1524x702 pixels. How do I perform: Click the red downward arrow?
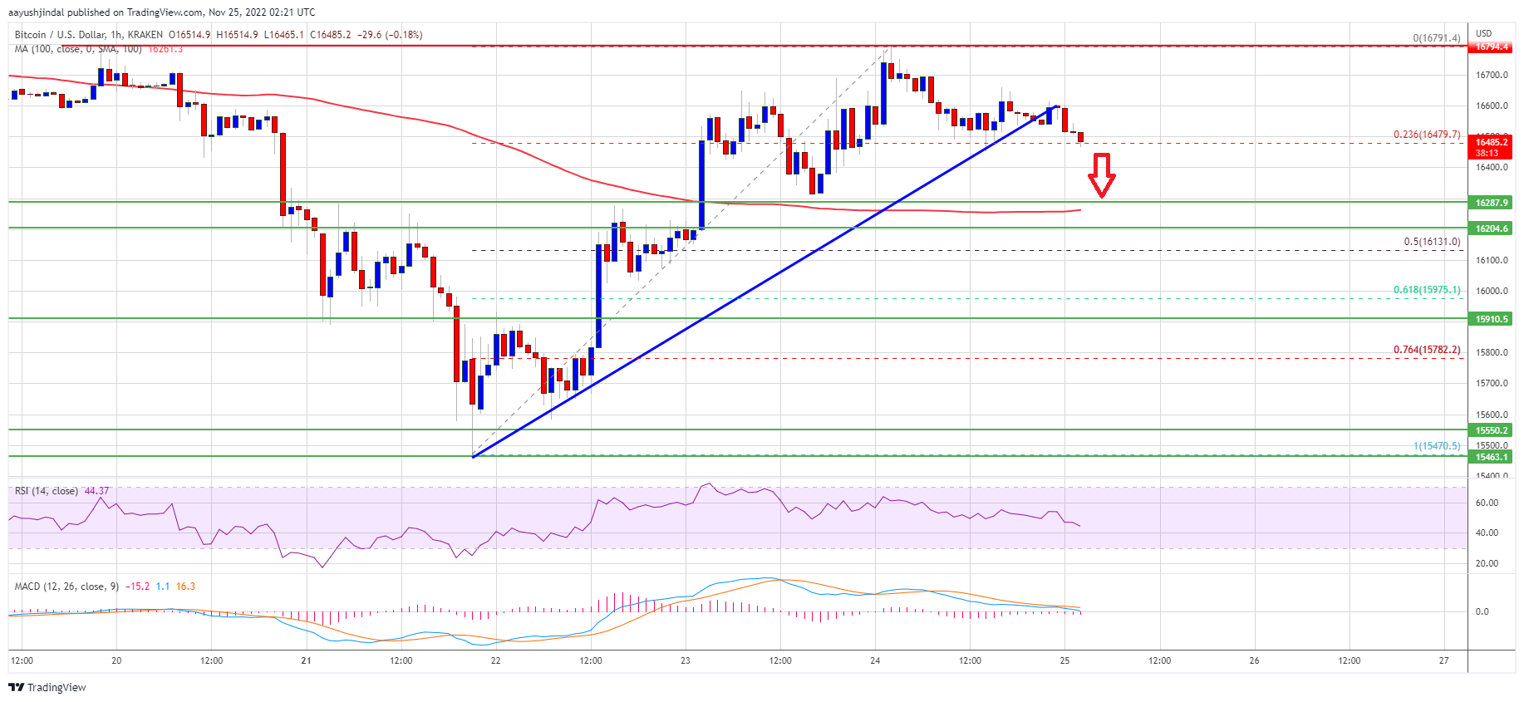coord(1101,174)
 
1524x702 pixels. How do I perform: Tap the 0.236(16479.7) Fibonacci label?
coord(1427,135)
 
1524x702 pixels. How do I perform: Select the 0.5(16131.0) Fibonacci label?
coord(1431,242)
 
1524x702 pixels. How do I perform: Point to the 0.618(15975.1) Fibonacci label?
coord(1427,290)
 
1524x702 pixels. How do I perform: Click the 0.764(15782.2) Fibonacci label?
coord(1427,350)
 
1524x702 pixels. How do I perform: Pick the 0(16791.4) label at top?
coord(1436,38)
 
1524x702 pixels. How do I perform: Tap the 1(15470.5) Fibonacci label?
coord(1436,446)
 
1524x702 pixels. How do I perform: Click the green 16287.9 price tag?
coord(1491,203)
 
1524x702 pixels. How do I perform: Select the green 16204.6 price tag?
coord(1491,228)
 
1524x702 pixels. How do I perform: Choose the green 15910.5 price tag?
coord(1491,319)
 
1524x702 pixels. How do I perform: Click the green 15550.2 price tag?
coord(1491,430)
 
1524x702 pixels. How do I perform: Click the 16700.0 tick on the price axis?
coord(1491,75)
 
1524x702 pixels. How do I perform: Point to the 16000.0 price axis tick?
coord(1491,291)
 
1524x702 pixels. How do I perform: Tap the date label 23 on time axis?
coord(686,661)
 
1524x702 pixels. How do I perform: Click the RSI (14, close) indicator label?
coord(47,491)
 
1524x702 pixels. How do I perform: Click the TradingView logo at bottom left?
coord(47,687)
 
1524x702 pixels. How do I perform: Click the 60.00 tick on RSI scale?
coord(1487,503)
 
